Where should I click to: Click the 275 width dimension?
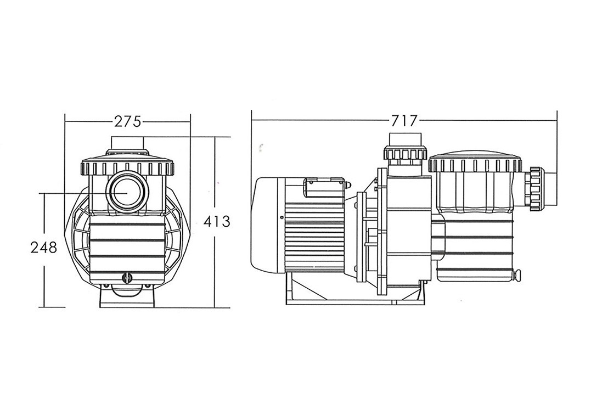[x=127, y=121]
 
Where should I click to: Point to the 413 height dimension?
[x=216, y=222]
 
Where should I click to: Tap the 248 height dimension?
[x=44, y=248]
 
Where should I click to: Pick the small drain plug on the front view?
[x=127, y=278]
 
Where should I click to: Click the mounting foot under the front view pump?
[x=127, y=299]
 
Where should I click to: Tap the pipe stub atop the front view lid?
[x=127, y=143]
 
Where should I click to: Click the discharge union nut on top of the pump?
[x=406, y=153]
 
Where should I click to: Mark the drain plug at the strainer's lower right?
[x=518, y=274]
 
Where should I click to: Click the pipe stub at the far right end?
[x=550, y=187]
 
